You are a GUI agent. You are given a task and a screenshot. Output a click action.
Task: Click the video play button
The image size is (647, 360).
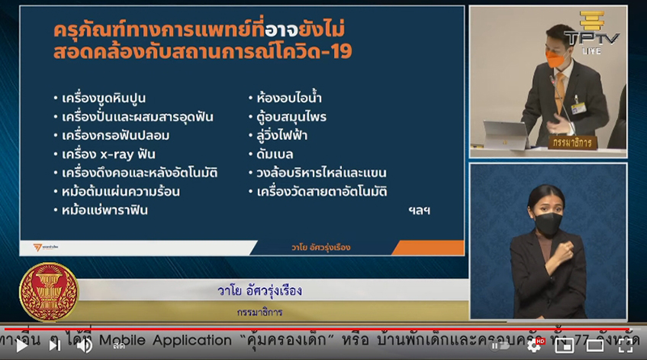(54, 345)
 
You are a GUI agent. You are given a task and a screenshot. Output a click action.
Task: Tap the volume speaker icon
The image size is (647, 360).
(83, 345)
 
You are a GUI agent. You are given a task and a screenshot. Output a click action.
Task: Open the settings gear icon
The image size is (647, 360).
(535, 345)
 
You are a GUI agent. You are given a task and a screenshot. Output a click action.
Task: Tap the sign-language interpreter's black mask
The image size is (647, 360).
(547, 224)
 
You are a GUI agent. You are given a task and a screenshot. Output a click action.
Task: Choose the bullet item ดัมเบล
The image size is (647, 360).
(276, 155)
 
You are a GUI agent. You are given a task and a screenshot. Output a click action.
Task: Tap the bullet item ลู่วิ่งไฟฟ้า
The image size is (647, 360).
(286, 136)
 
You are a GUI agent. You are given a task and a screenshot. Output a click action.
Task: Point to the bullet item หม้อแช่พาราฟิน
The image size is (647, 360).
(106, 210)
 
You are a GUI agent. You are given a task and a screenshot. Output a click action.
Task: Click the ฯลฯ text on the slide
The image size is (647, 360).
(419, 210)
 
